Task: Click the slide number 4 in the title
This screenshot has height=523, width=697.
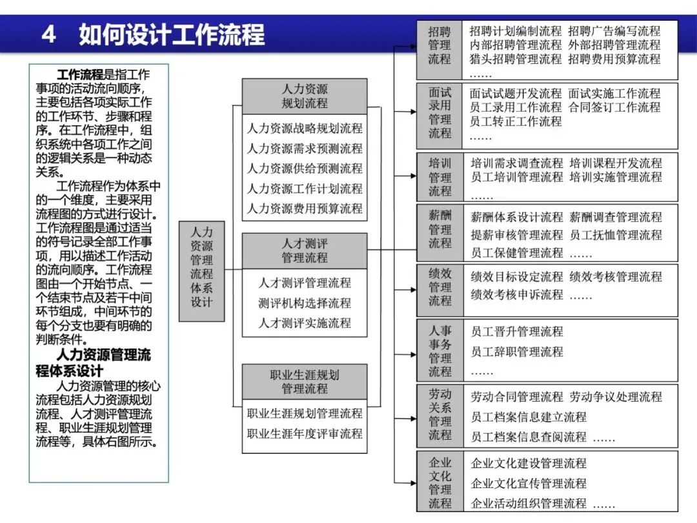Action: pyautogui.click(x=49, y=34)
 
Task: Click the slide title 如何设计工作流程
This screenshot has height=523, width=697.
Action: pyautogui.click(x=172, y=34)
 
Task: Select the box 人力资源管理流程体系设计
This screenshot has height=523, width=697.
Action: pyautogui.click(x=201, y=266)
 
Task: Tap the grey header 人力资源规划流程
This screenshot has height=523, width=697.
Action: pyautogui.click(x=305, y=96)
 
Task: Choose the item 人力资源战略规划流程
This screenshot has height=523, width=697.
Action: pyautogui.click(x=305, y=128)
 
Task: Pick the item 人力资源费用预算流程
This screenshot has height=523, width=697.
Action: pyautogui.click(x=305, y=209)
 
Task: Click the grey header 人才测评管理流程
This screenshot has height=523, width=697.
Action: pyautogui.click(x=305, y=251)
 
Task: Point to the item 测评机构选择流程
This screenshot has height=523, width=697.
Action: pyautogui.click(x=305, y=303)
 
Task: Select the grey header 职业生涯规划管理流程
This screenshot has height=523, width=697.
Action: pyautogui.click(x=305, y=382)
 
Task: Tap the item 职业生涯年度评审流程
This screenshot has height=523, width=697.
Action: pyautogui.click(x=305, y=433)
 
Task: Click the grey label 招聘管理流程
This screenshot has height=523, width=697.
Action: pyautogui.click(x=440, y=45)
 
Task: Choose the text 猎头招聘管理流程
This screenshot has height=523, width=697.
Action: pyautogui.click(x=516, y=59)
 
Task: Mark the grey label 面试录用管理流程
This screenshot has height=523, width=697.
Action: pyautogui.click(x=440, y=112)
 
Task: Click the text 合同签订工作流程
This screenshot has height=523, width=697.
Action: pyautogui.click(x=614, y=107)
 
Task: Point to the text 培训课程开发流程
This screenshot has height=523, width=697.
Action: pyautogui.click(x=616, y=163)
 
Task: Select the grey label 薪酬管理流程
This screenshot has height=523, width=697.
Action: pyautogui.click(x=440, y=229)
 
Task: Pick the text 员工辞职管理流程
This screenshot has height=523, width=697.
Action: pyautogui.click(x=517, y=352)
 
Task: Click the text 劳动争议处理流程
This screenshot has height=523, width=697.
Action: pyautogui.click(x=616, y=396)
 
